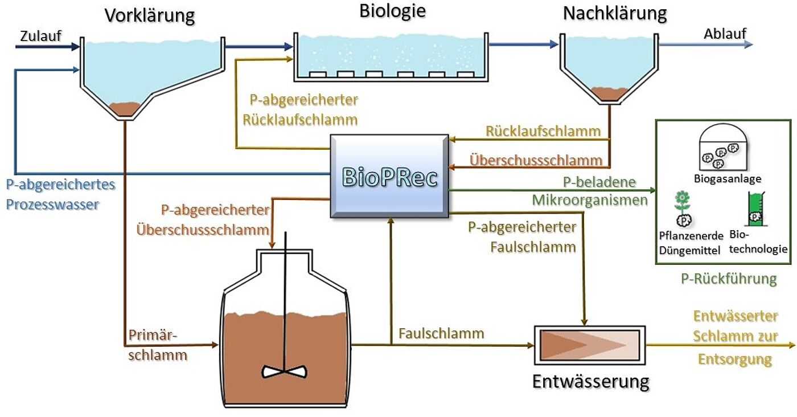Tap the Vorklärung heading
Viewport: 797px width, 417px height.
149,15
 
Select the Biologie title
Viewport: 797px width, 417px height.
393,11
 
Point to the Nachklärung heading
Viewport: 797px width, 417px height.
615,13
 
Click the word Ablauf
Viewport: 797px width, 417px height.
725,34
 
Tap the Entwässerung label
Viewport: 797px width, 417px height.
590,381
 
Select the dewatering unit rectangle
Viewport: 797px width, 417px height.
589,345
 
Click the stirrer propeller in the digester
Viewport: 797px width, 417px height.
284,371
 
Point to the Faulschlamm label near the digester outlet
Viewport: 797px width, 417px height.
441,333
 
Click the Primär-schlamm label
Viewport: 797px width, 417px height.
153,345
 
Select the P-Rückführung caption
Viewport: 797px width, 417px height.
729,279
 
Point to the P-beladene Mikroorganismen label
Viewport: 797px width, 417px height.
590,191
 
